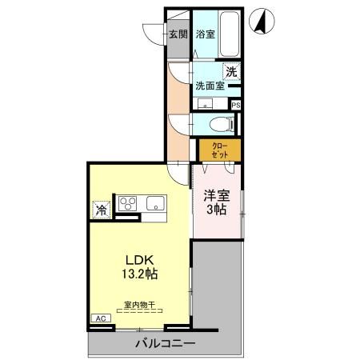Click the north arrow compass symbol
[261, 22]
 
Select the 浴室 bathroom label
[206, 34]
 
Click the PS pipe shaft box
[236, 104]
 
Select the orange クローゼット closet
[218, 149]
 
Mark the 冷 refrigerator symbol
[102, 209]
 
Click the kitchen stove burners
[128, 204]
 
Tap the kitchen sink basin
[153, 204]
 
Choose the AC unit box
[100, 318]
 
